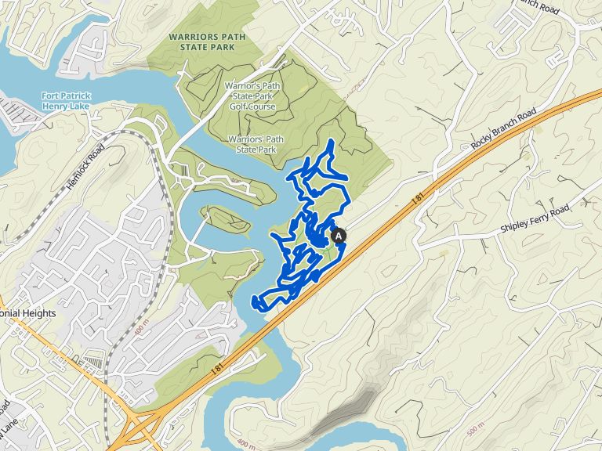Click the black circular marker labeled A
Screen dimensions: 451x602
coord(339,235)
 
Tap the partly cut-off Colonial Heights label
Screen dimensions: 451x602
coord(28,313)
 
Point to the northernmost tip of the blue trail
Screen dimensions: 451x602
coord(332,141)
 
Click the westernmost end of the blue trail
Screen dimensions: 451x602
coord(252,301)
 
